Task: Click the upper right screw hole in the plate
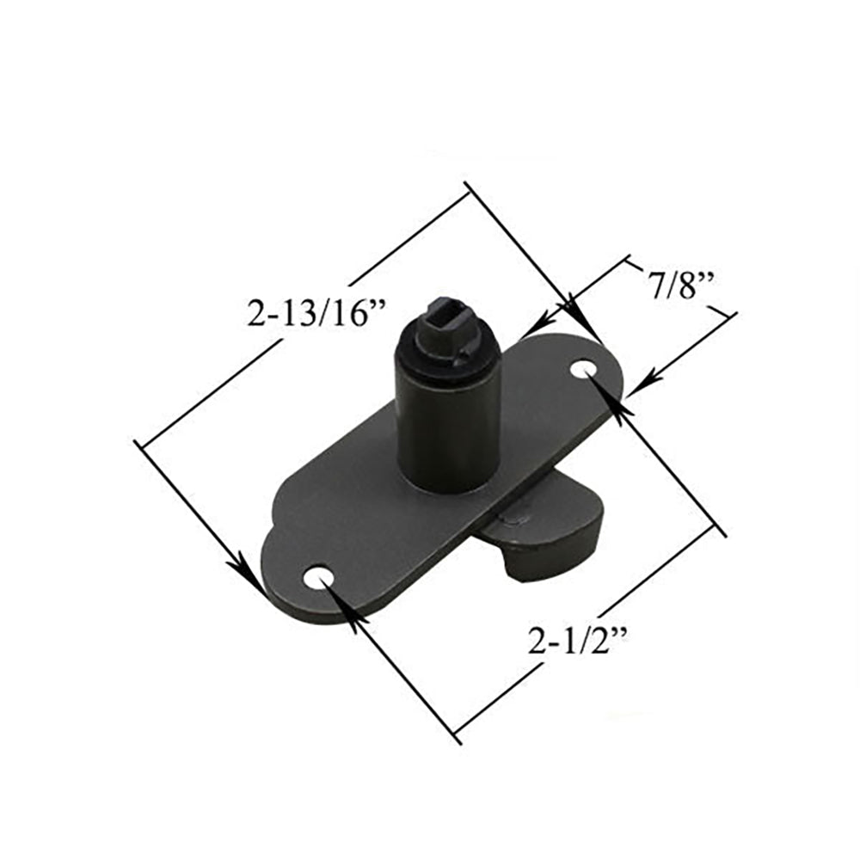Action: [x=585, y=369]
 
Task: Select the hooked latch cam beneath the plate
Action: [x=550, y=542]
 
